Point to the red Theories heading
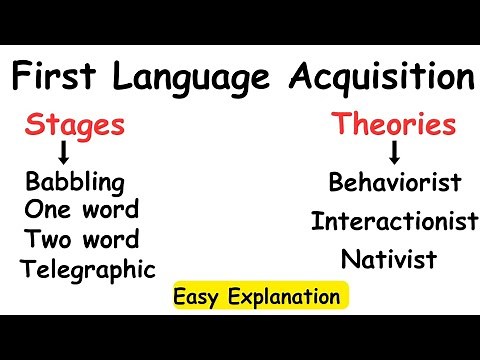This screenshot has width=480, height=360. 395,126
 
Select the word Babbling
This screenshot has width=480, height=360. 76,184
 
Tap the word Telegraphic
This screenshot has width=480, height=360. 88,269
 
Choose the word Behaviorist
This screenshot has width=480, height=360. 394,183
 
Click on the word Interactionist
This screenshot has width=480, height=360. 394,220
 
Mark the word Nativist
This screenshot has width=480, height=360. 389,260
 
